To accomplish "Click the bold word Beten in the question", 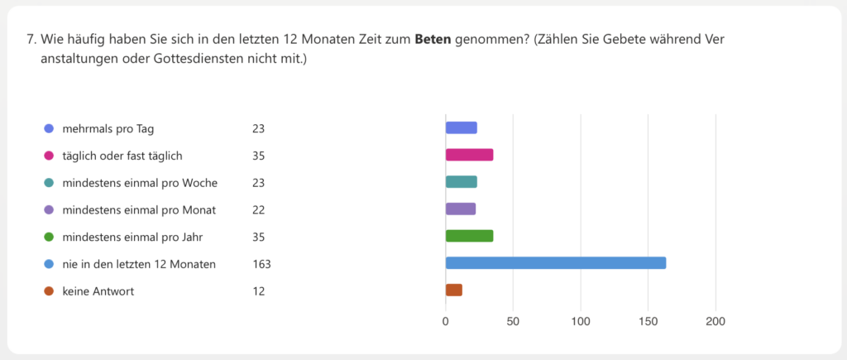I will [x=433, y=40].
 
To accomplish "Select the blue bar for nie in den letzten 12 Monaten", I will [x=555, y=263].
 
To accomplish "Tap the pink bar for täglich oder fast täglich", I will [x=469, y=155].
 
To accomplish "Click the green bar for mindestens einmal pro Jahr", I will [x=469, y=236].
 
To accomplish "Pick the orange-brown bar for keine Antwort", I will [x=453, y=290].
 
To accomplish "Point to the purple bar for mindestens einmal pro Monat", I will [x=461, y=209].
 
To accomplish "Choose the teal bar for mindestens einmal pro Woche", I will [x=461, y=182].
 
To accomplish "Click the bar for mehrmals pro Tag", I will [x=461, y=127].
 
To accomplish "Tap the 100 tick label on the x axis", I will [x=581, y=321].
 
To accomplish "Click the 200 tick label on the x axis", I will [x=715, y=321].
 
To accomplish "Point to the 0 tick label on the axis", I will [x=446, y=321].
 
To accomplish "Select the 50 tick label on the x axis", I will [x=513, y=321].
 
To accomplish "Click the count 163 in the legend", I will [x=262, y=264].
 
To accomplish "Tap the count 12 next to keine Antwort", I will [x=259, y=291].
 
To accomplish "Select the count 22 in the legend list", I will [x=259, y=210].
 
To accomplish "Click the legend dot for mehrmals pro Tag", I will [x=49, y=128].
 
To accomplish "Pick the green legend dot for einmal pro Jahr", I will [x=49, y=237].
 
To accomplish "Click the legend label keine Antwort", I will [x=98, y=291].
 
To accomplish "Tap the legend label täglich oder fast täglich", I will [x=122, y=156].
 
